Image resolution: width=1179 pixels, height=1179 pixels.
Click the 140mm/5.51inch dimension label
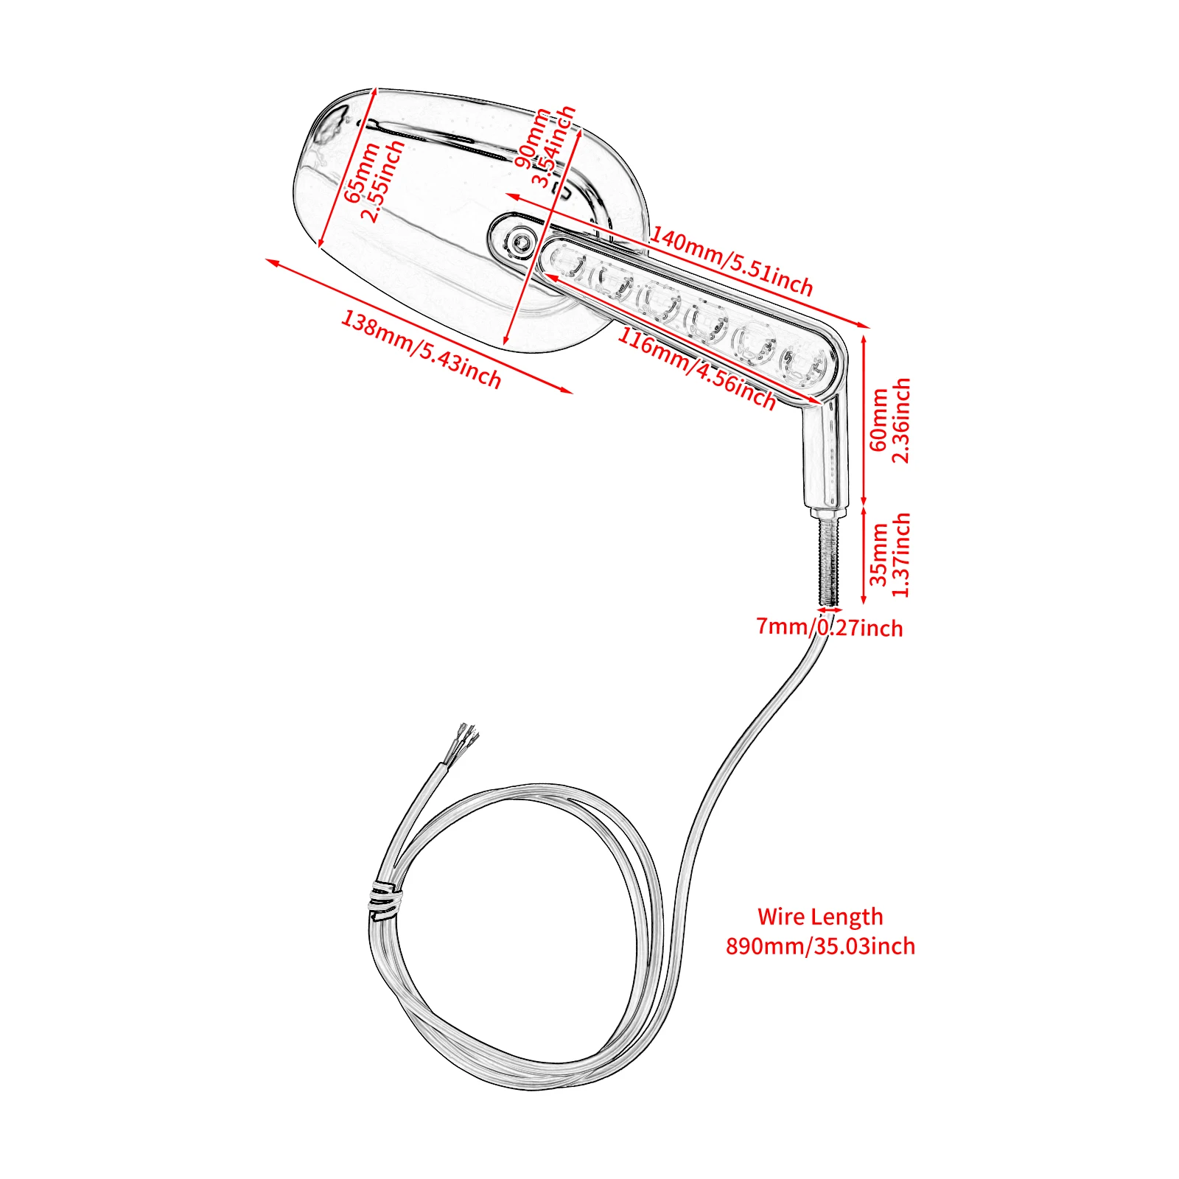731,262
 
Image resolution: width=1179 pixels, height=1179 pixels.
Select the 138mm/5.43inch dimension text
421,349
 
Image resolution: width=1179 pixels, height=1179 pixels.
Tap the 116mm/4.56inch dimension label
696,368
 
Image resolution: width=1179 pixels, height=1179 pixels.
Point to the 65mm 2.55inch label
374,180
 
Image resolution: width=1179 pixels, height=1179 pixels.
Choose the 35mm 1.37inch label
890,555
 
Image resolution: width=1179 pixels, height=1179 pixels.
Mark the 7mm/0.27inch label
829,627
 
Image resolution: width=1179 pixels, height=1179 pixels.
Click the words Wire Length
820,917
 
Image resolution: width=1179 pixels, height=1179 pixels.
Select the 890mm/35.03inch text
820,946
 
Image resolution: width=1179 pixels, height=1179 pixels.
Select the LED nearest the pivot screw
567,264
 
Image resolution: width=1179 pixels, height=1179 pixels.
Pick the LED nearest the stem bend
803,365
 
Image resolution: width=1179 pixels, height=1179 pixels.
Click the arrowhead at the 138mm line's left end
270,262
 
